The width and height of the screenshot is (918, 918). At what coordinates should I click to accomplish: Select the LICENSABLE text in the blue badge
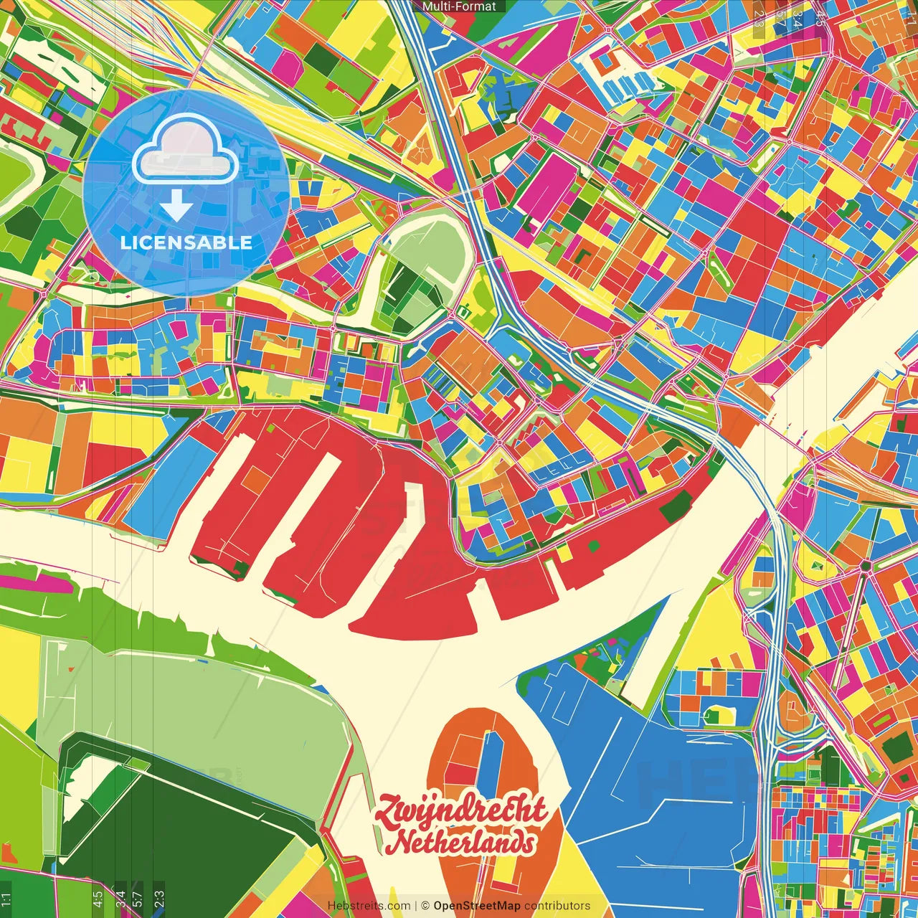click(x=186, y=242)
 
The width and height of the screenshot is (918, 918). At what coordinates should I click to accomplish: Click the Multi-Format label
click(x=459, y=6)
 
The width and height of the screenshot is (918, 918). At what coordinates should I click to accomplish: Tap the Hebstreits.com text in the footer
click(x=369, y=906)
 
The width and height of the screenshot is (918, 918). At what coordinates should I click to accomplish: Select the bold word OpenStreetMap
click(x=477, y=906)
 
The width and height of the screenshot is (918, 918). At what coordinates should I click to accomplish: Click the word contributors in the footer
click(x=557, y=906)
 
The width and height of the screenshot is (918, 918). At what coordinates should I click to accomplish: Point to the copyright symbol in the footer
click(x=425, y=906)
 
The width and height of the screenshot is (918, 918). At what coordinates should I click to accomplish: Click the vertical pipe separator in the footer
click(x=416, y=906)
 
